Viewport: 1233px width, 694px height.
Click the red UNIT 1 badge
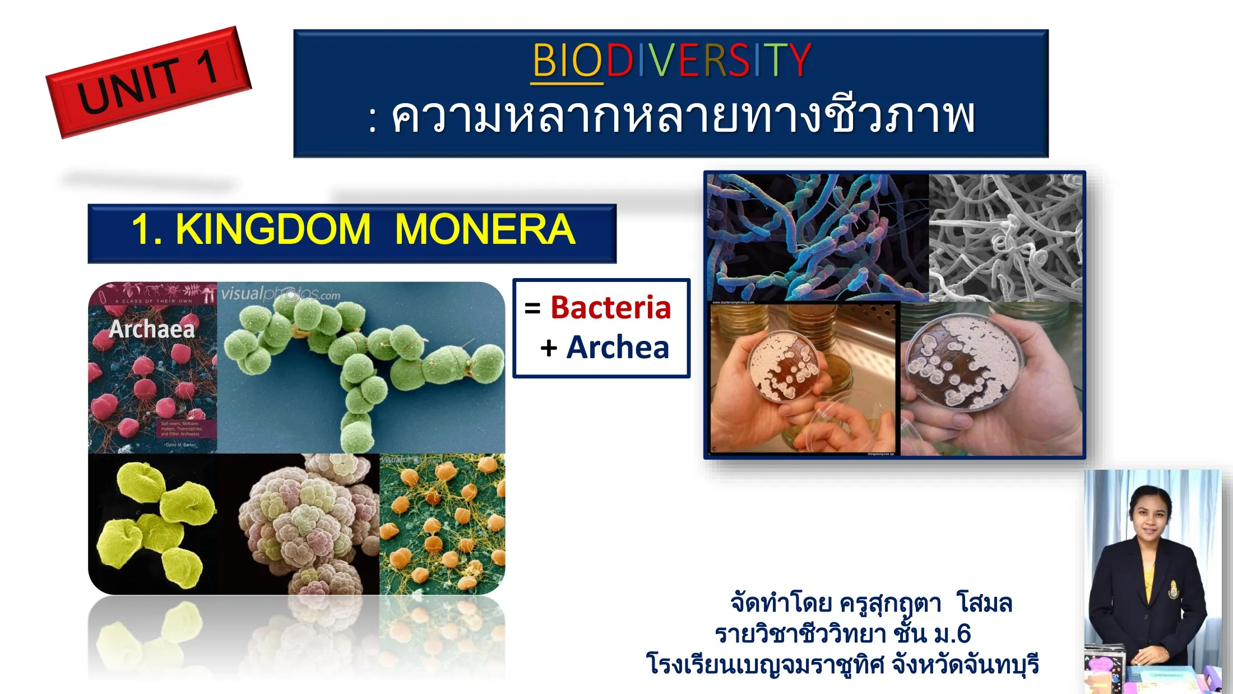point(148,82)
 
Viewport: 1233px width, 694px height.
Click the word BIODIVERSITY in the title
point(671,60)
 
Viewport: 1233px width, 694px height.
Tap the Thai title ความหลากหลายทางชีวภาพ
point(683,117)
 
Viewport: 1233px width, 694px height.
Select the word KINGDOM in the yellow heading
point(273,229)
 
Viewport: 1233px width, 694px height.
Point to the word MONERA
point(485,229)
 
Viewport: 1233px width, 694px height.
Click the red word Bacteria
point(610,308)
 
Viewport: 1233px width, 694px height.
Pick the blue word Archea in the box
point(618,348)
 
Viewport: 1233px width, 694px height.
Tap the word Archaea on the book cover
point(152,329)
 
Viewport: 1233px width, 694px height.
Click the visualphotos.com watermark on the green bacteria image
point(280,294)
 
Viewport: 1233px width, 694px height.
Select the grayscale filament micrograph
point(1005,237)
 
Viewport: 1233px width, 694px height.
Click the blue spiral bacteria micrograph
point(817,237)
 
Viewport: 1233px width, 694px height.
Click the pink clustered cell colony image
point(308,524)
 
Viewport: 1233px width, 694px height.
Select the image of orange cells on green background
point(442,524)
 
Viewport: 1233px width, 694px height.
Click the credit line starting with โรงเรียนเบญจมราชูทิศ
point(842,664)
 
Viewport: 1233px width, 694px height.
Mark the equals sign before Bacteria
point(532,308)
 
